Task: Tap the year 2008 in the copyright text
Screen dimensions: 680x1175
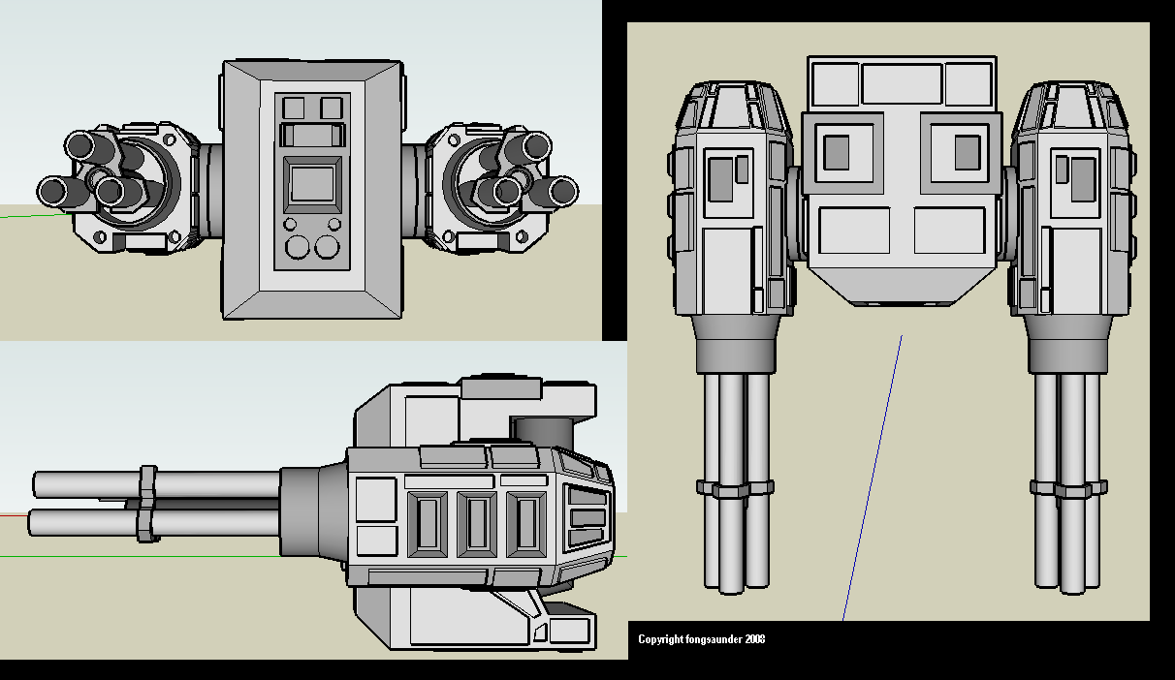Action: click(x=753, y=639)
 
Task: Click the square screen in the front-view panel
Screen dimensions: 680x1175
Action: click(x=311, y=183)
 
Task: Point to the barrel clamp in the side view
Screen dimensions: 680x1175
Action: click(x=147, y=503)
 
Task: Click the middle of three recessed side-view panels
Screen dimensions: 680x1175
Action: click(x=476, y=524)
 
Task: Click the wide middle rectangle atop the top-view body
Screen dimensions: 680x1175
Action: click(x=902, y=83)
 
